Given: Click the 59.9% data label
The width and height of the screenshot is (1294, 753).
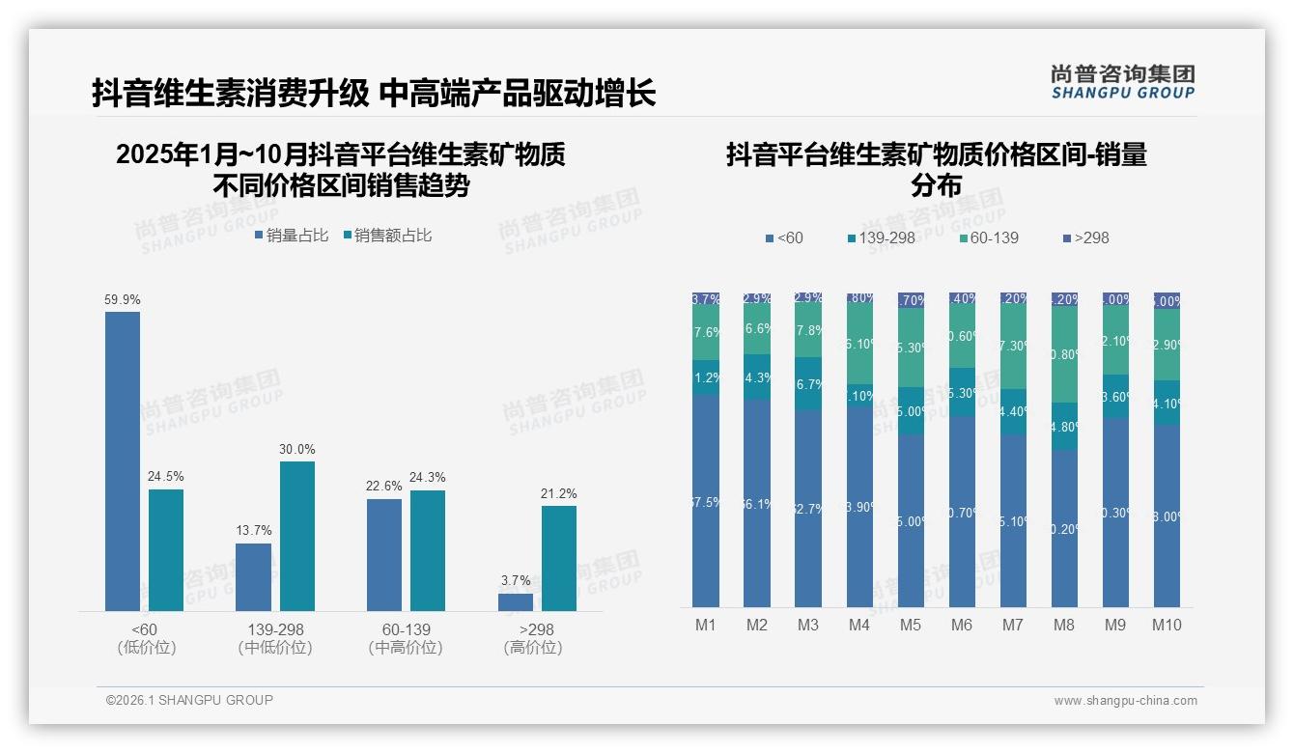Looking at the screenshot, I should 123,299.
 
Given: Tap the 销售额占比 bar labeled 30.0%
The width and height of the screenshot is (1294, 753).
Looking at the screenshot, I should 297,536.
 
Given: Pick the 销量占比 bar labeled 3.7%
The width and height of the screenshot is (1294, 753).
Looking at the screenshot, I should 516,601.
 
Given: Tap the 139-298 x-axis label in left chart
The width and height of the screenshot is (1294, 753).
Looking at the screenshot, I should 275,630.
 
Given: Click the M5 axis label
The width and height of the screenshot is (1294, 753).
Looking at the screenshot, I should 911,626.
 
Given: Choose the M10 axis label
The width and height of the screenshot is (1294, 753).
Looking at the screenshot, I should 1167,626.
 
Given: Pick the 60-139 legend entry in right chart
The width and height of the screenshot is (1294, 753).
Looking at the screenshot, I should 991,237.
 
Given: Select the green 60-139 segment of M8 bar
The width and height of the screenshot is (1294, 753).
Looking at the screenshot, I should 1064,353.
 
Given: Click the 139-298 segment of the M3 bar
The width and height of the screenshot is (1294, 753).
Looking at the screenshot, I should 808,383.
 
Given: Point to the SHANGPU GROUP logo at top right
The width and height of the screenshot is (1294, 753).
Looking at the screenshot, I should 1122,81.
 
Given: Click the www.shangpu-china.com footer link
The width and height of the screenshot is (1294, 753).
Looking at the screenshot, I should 1125,701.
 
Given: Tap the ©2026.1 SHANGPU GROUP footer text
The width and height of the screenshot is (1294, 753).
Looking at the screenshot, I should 189,700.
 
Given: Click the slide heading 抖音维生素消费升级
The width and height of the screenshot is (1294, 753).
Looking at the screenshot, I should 230,94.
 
